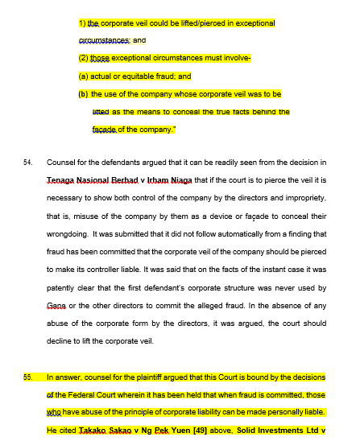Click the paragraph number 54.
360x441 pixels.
28,162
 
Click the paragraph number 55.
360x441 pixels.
28,376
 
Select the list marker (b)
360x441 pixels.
83,94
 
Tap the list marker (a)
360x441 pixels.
83,76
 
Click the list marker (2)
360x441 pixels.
84,58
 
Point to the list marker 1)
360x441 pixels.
82,23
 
